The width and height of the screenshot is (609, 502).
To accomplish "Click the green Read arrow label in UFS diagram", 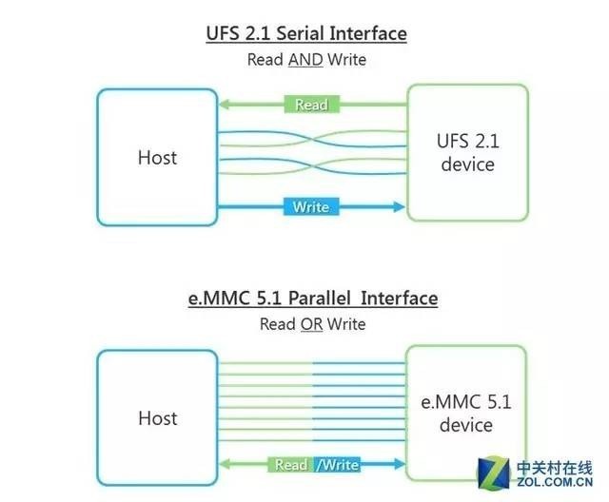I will pos(311,105).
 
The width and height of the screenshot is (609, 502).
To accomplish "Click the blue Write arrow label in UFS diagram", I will pos(311,206).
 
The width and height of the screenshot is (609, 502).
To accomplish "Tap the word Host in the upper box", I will pos(157,157).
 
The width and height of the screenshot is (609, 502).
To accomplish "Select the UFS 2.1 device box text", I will pos(467,153).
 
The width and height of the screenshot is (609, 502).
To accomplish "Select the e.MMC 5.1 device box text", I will pos(466,414).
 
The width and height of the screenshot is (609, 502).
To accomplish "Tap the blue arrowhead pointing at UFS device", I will pos(399,206).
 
